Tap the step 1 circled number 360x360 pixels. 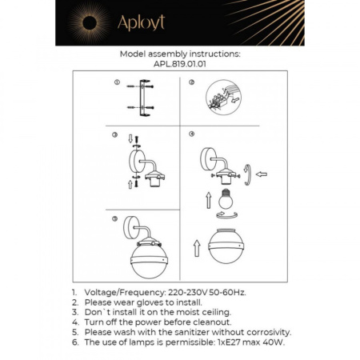pos(117,83)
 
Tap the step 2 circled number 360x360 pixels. pos(192,83)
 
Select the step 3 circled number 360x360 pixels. pos(116,134)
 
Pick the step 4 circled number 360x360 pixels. pos(192,134)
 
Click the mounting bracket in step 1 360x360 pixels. pos(144,97)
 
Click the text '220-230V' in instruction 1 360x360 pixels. pos(187,294)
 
